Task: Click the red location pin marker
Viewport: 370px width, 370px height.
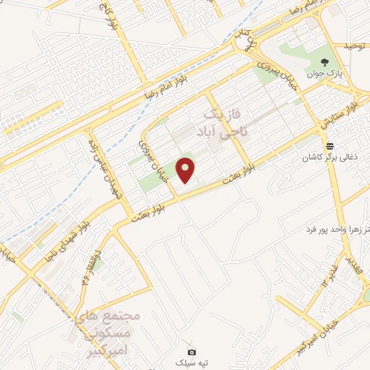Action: (x=186, y=170)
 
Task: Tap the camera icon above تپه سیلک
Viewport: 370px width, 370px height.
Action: (x=192, y=351)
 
